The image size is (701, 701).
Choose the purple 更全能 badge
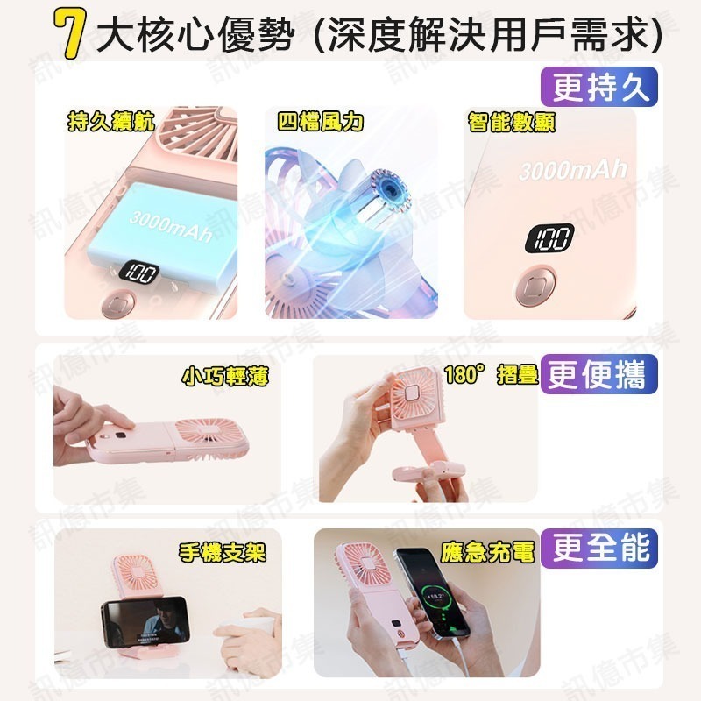click(x=599, y=548)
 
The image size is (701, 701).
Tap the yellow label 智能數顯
click(x=511, y=122)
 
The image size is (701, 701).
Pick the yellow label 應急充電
click(x=488, y=552)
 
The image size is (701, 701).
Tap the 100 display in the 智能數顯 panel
click(x=549, y=237)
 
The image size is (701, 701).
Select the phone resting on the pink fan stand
click(x=146, y=624)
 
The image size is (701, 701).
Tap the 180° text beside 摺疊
click(x=464, y=374)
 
